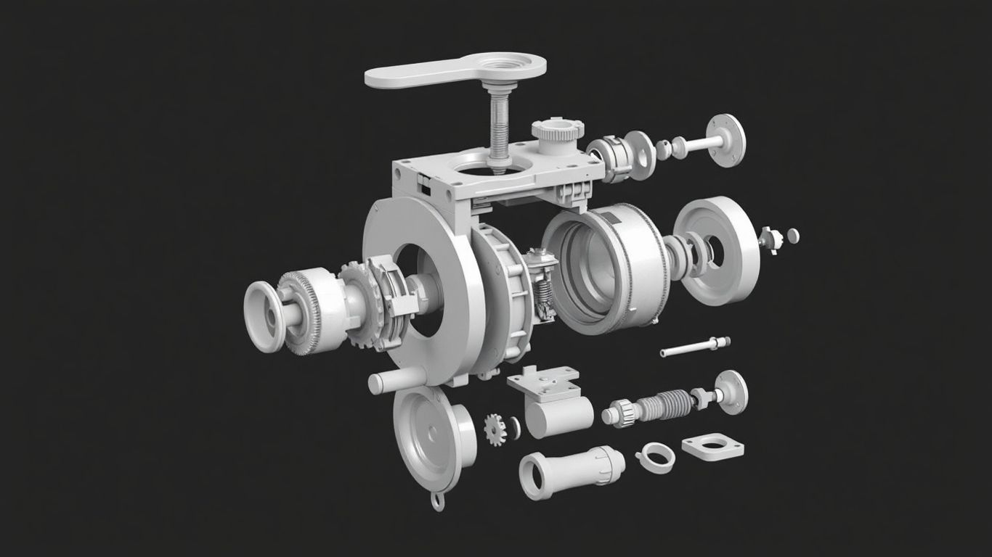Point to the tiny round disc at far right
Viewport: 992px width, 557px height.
tap(792, 234)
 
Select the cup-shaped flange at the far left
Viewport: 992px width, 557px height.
tap(264, 316)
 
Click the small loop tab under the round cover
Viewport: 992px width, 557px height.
tap(436, 500)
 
